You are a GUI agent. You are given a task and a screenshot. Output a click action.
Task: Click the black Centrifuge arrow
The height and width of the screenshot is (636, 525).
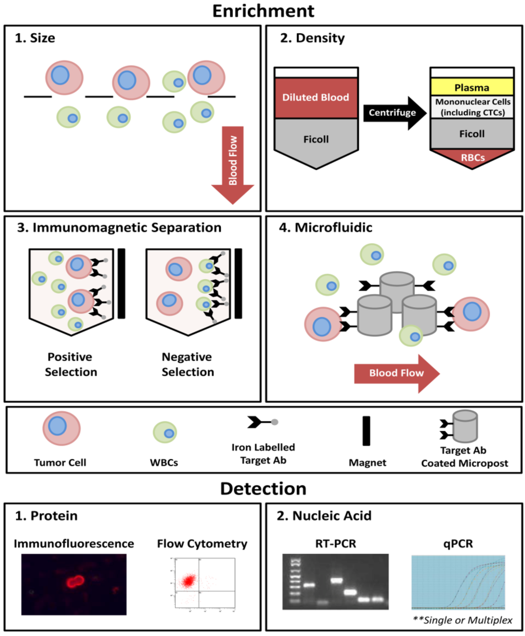pos(395,113)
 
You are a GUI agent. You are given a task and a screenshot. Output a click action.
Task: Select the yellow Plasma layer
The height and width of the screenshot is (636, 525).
pos(472,87)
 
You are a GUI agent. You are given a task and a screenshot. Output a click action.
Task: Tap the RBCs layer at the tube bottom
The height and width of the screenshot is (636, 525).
pos(472,158)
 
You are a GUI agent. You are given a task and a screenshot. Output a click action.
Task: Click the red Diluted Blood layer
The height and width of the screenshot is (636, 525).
pos(316,98)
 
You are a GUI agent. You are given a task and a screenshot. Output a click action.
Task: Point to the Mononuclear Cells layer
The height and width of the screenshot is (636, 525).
pos(472,107)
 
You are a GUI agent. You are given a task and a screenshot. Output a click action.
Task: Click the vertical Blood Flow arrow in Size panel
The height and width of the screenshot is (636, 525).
pos(233,165)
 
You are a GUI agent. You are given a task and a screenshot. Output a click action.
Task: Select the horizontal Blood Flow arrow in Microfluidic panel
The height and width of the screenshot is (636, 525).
pos(396,373)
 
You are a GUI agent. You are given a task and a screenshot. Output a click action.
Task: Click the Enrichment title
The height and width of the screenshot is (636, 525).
pos(263,11)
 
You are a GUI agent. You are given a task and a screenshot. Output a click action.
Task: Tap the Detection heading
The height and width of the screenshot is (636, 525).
pos(263,489)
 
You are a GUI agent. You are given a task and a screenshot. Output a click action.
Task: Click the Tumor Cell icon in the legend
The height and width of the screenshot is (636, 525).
pos(62,428)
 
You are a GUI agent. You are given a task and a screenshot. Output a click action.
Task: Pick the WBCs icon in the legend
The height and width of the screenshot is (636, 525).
pos(165,432)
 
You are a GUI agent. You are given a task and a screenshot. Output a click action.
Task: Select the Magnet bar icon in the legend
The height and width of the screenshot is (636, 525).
pos(367,431)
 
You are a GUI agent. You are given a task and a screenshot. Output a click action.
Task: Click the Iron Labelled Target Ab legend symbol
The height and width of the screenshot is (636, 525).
pos(262,422)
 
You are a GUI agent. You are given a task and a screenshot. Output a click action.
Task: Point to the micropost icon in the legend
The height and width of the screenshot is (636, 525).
pos(459,426)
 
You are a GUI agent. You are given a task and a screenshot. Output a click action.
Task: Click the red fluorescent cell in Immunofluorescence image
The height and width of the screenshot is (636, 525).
pos(75,581)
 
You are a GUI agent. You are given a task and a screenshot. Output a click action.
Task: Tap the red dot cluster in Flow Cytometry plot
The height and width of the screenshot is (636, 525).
pos(189,581)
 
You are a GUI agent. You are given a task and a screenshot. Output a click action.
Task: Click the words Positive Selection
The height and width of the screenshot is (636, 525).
pos(71,364)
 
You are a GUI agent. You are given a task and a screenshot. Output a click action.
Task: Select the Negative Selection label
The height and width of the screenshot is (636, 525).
pos(188,364)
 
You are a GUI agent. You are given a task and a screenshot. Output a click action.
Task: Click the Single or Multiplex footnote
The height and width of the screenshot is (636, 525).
pos(462,620)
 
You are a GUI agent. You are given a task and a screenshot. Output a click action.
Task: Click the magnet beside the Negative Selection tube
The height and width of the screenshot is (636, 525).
pos(238,284)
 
